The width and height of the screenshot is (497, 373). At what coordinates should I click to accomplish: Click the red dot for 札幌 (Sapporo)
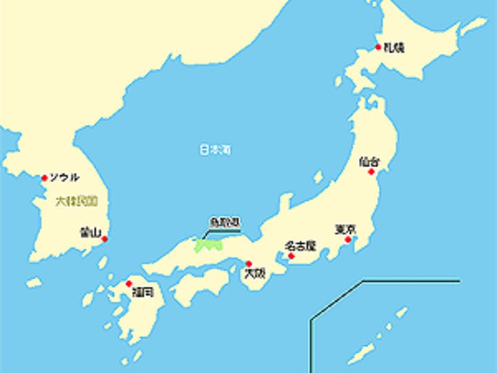(x=378, y=47)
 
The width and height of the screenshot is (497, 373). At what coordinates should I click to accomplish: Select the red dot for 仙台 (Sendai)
(x=371, y=172)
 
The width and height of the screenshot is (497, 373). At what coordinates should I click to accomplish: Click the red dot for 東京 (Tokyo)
(x=348, y=240)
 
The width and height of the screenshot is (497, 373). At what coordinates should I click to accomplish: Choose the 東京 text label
(x=344, y=229)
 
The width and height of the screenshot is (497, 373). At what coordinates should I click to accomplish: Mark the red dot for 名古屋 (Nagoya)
(x=291, y=256)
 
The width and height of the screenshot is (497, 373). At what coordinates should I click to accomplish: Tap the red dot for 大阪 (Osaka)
(x=248, y=263)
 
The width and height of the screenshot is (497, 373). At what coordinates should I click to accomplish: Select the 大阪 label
(x=254, y=274)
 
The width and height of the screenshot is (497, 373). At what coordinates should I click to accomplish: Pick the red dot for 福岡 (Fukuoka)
(x=129, y=283)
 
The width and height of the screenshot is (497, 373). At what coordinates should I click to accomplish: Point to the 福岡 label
(x=143, y=293)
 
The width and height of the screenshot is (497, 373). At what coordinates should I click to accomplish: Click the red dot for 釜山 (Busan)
(x=104, y=239)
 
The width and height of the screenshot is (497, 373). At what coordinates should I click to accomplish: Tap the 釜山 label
(x=90, y=232)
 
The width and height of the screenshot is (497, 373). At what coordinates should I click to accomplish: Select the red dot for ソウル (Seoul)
(x=45, y=178)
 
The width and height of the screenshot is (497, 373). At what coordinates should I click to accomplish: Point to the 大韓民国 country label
(x=77, y=202)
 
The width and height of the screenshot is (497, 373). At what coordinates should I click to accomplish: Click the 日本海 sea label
(x=215, y=149)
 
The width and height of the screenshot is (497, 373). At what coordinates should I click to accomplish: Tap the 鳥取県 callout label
(x=224, y=222)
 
